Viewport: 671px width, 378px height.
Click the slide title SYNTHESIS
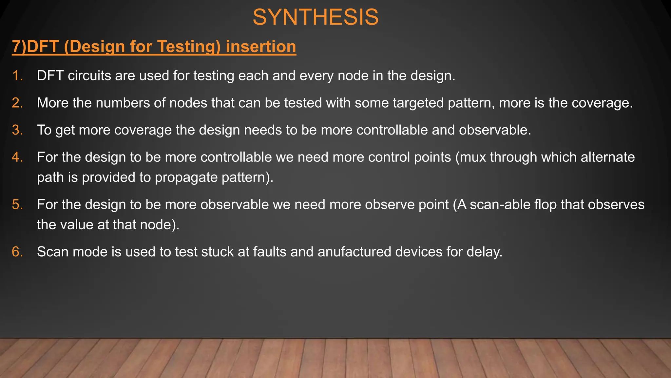coord(316,17)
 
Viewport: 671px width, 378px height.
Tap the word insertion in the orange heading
coord(261,47)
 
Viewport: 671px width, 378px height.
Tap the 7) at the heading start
coord(19,47)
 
